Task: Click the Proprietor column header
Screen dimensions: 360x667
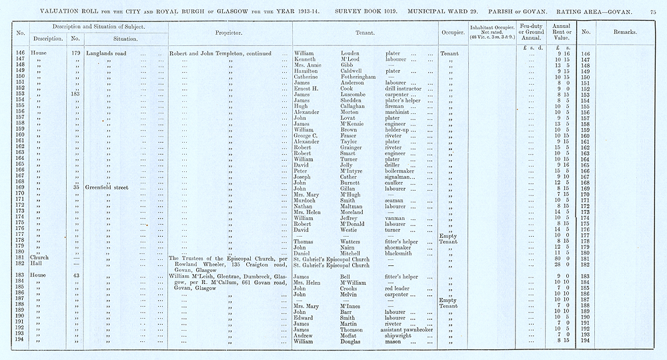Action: coord(229,32)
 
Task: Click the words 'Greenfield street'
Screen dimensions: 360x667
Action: coord(110,187)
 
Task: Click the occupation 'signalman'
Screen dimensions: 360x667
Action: coord(401,175)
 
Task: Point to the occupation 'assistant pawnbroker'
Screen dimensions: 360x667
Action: coord(411,329)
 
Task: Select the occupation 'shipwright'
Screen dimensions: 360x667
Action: coord(401,335)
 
